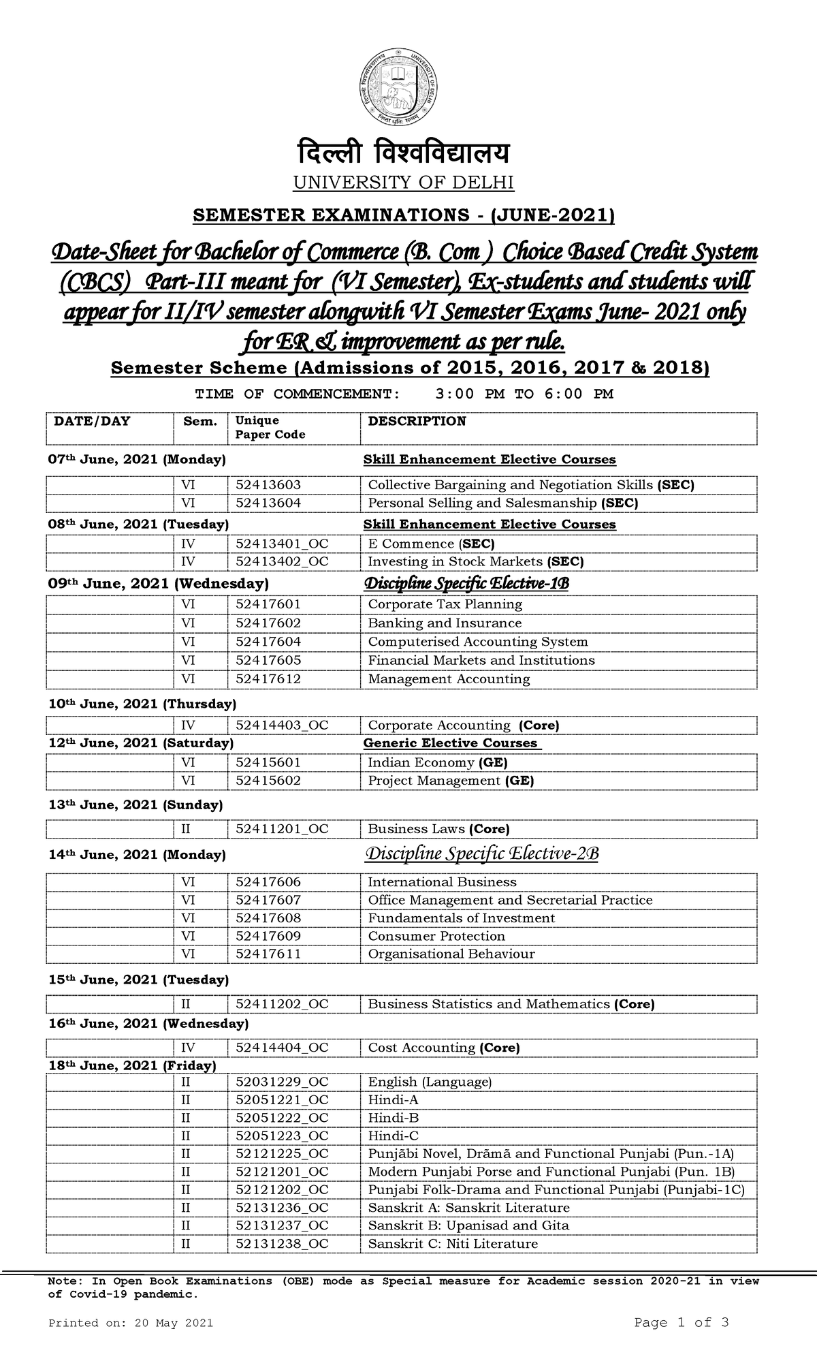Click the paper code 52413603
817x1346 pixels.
tap(268, 485)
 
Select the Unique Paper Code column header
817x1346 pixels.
tap(270, 428)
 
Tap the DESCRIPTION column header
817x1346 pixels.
tap(417, 421)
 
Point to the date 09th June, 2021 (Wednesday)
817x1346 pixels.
tap(159, 584)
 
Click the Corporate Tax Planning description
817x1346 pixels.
tap(445, 604)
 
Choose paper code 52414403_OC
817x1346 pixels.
tap(282, 725)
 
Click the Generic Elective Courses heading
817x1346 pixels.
tap(451, 743)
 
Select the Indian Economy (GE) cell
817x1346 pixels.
tap(437, 763)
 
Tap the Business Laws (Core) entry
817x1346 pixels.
tap(438, 829)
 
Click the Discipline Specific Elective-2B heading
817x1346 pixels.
tap(482, 854)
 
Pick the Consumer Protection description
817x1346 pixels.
tap(436, 936)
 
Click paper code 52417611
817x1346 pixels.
tap(268, 954)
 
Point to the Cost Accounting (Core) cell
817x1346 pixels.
tap(443, 1048)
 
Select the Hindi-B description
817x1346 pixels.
tap(393, 1118)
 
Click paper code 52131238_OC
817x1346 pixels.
tap(282, 1243)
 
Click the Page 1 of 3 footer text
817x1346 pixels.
tap(682, 1322)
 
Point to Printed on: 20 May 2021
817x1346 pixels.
tap(131, 1323)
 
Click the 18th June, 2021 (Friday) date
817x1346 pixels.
tap(132, 1065)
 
